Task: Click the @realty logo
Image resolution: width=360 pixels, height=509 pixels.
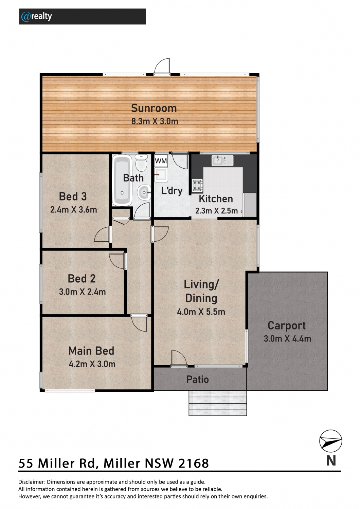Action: pos(36,17)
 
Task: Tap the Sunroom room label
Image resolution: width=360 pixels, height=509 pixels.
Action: pos(154,108)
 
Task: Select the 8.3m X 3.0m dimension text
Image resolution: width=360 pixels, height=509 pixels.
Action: pos(155,121)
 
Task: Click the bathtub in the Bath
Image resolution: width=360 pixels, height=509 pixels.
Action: pos(122,181)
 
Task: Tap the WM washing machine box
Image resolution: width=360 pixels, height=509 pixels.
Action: pos(161,161)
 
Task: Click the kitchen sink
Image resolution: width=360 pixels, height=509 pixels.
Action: pos(222,161)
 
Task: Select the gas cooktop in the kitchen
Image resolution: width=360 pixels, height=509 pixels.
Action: pos(197,185)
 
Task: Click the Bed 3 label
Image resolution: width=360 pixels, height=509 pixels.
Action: pos(73,196)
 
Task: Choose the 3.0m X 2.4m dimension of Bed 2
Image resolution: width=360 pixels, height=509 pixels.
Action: pos(82,292)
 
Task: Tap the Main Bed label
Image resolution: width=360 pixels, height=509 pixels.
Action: pos(91,351)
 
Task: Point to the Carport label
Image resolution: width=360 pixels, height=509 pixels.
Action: pos(287,326)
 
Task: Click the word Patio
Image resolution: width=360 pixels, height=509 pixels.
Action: pos(197,379)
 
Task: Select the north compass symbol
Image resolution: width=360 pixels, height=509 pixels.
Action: pos(331,441)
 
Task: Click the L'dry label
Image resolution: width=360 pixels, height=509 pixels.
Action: pos(172,191)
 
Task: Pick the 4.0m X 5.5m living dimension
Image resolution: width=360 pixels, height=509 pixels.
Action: pos(201,312)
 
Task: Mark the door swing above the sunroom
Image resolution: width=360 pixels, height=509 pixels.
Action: pos(162,67)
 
